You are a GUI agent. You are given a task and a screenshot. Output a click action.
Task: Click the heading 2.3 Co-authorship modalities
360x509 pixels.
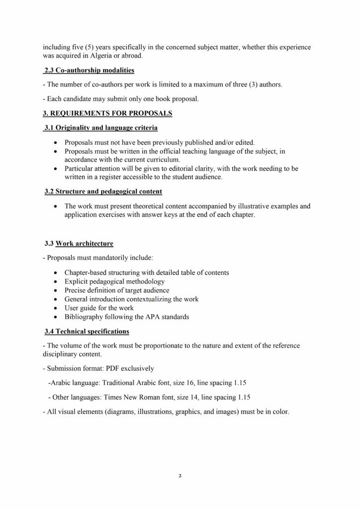[x=89, y=71]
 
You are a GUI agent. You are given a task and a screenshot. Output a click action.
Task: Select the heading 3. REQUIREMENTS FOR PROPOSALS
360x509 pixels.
[x=107, y=113]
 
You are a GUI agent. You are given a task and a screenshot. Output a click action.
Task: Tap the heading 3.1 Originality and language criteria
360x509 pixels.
[x=101, y=128]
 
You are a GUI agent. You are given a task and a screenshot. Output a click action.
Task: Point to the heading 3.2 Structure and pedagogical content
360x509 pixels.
[x=103, y=191]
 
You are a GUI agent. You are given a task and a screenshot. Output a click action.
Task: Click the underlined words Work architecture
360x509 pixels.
[x=85, y=244]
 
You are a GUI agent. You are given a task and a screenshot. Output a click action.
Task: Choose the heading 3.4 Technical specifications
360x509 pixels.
[x=87, y=331]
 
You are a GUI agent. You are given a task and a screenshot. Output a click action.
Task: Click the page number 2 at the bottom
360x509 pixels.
[x=180, y=476]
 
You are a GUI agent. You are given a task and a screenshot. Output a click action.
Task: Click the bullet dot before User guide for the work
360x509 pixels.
[x=55, y=308]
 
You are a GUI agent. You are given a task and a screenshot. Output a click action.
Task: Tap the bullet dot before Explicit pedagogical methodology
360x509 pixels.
[x=55, y=282]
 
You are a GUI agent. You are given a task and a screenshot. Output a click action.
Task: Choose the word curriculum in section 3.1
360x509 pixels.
[x=162, y=160]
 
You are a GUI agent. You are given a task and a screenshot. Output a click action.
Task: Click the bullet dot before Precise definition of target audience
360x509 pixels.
[x=55, y=291]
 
